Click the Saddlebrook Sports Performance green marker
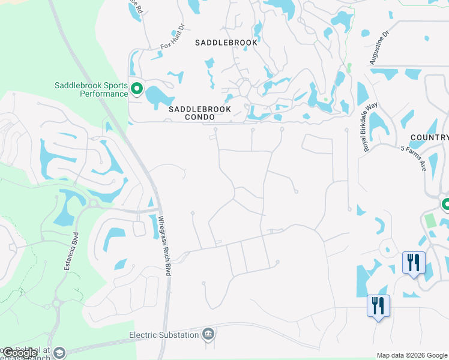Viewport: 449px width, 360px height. pyautogui.click(x=137, y=89)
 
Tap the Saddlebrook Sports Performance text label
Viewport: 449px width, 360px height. pyautogui.click(x=91, y=89)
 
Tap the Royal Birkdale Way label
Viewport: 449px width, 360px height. pyautogui.click(x=370, y=127)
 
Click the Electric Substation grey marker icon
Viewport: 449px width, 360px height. pyautogui.click(x=208, y=334)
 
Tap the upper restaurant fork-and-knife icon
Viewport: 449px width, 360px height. pyautogui.click(x=414, y=262)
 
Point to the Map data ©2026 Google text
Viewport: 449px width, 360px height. pyautogui.click(x=412, y=355)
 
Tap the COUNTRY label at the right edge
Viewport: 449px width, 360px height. pyautogui.click(x=429, y=137)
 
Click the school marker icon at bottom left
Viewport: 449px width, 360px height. pyautogui.click(x=59, y=353)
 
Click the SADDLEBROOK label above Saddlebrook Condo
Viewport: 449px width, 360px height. pyautogui.click(x=226, y=43)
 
